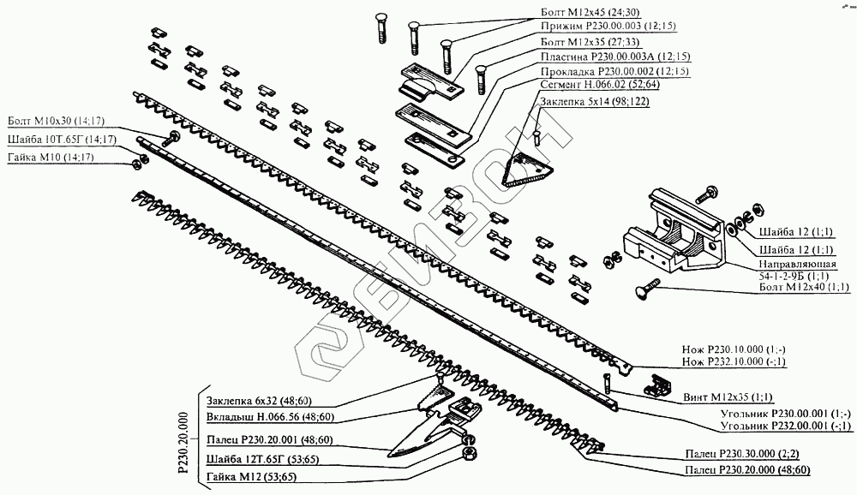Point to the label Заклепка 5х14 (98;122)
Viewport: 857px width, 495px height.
(593, 102)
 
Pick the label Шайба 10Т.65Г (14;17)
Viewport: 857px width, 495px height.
(61, 140)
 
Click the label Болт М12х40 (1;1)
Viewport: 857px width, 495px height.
(804, 287)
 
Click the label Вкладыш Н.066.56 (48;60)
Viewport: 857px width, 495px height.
(270, 417)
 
